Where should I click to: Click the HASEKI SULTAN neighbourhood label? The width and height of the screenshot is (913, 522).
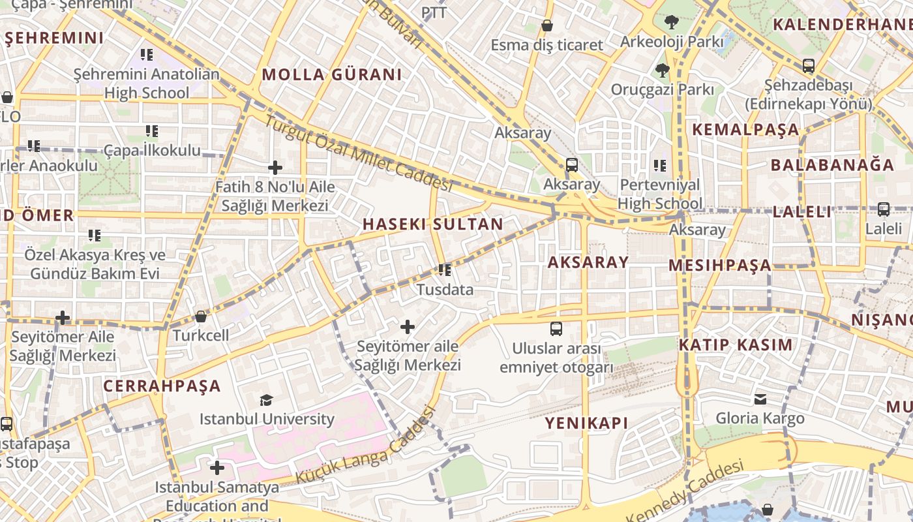[x=432, y=224]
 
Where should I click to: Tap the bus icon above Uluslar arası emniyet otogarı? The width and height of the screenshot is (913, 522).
[x=556, y=329]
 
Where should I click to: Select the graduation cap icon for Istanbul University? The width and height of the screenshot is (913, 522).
[x=266, y=400]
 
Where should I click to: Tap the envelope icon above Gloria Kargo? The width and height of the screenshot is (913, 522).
[x=760, y=399]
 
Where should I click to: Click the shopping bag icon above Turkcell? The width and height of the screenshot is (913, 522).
[x=201, y=316]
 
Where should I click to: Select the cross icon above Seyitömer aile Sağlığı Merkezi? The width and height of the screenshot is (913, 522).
[x=408, y=326]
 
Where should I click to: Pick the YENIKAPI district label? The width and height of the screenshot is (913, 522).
[x=586, y=423]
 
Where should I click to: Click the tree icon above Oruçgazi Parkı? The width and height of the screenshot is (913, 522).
[x=662, y=70]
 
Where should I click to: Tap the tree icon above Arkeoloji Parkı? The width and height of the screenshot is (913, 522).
[x=671, y=22]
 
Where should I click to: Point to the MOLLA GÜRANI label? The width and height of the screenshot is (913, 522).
[x=332, y=74]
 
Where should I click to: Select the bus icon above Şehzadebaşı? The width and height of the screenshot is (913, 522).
[x=808, y=66]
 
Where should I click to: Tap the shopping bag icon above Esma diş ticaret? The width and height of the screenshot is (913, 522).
[x=547, y=25]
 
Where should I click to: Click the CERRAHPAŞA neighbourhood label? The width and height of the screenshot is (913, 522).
[x=162, y=386]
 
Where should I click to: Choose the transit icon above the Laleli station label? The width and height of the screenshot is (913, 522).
[x=883, y=209]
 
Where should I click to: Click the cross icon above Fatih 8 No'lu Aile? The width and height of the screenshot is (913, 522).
[x=275, y=168]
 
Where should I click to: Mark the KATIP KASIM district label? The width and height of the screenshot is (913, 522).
[x=736, y=345]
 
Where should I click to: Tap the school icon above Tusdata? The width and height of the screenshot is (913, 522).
[x=445, y=269]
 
